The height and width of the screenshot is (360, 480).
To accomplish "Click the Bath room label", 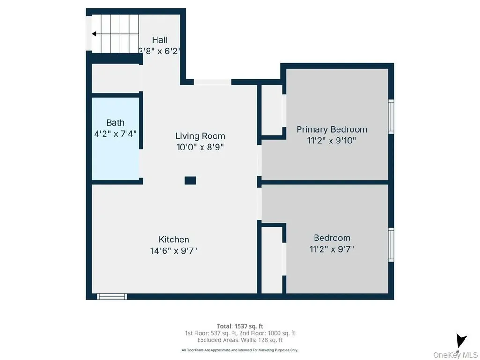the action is (x=115, y=122).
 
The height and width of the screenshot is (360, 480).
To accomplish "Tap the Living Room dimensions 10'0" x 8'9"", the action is (x=200, y=147).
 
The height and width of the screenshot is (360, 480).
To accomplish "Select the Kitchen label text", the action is (x=174, y=240).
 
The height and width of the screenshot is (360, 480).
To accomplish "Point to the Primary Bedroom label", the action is (x=332, y=129).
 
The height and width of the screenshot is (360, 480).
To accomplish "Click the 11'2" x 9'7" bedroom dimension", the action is (x=332, y=249).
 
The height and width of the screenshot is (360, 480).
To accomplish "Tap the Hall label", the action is (x=160, y=40).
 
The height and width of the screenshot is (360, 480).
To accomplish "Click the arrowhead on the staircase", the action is (x=94, y=34).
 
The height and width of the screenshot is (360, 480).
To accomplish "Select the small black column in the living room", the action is (x=190, y=180).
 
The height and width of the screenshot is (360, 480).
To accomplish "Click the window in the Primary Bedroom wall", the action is (x=391, y=117).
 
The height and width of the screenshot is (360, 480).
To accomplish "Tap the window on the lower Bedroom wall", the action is (x=391, y=245).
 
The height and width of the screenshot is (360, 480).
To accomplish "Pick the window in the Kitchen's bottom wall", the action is (x=112, y=296).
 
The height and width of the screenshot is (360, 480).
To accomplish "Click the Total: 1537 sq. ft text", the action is (x=240, y=326).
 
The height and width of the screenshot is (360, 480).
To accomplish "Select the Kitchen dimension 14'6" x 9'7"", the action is (x=174, y=251).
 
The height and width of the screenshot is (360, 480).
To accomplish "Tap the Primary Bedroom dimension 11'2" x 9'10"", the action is (x=332, y=141).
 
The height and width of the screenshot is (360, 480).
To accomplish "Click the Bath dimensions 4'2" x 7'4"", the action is (x=115, y=134).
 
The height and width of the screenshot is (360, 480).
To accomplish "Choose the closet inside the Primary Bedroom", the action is (x=272, y=110).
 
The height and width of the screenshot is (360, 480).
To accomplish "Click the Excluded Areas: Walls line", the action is (x=240, y=340).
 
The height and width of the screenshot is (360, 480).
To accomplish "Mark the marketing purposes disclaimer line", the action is (x=240, y=350).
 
